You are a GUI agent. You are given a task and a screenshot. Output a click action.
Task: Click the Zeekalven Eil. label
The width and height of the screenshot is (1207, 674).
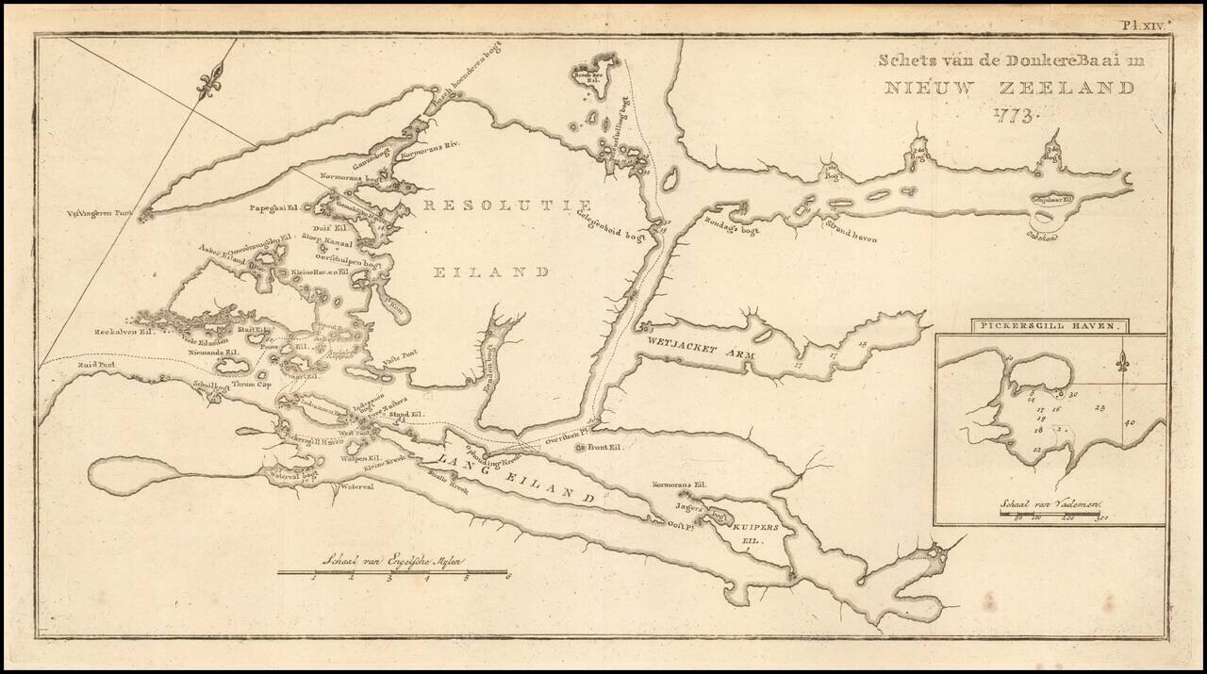[123, 332]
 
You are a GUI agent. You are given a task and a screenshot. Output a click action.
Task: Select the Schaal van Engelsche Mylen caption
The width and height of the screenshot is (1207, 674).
[387, 559]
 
